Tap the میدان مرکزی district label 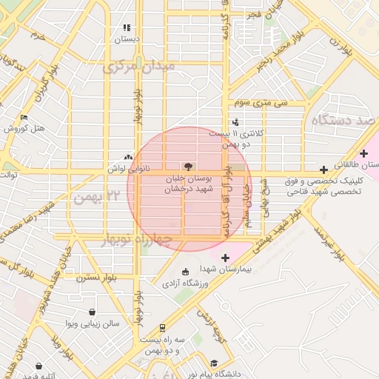tap(139, 67)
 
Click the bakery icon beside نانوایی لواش tap(129, 157)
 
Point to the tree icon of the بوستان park tap(187, 167)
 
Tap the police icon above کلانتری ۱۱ tap(235, 122)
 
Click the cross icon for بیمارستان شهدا tap(225, 258)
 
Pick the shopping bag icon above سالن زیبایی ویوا tap(91, 312)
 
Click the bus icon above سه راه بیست tap(162, 327)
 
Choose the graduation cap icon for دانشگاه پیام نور tap(214, 363)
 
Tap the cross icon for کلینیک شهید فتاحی tap(323, 170)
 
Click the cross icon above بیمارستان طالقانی tap(363, 152)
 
